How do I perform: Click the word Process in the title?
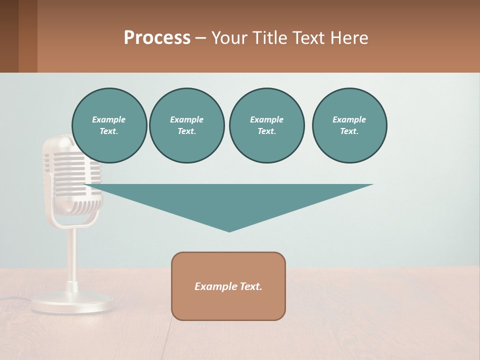coord(157,37)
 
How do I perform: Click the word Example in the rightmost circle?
coord(349,119)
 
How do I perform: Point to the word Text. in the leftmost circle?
coord(108,131)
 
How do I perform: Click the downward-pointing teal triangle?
coord(229,200)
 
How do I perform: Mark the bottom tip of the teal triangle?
coord(229,230)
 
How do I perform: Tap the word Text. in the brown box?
coord(250,286)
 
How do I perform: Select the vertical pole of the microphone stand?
coord(72,255)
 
